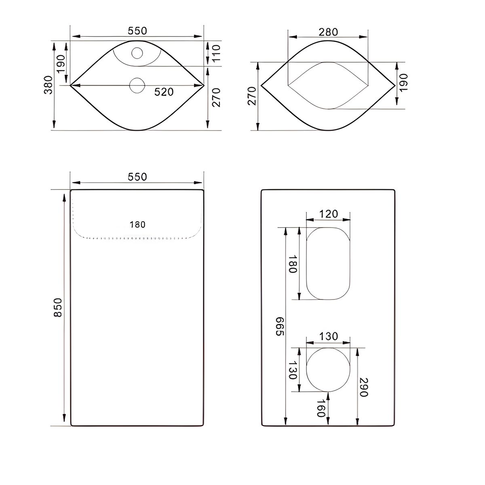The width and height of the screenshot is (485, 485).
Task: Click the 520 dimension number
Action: (164, 92)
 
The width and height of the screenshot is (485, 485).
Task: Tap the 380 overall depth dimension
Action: (48, 85)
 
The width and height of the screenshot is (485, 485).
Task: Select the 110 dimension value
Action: (216, 53)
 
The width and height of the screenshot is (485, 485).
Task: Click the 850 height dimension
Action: (58, 308)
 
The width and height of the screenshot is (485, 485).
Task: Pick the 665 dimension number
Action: (280, 326)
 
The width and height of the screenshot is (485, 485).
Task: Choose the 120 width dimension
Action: (329, 214)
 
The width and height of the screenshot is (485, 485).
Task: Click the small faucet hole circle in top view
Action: (137, 53)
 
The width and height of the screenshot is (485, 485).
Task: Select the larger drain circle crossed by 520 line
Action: (137, 86)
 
